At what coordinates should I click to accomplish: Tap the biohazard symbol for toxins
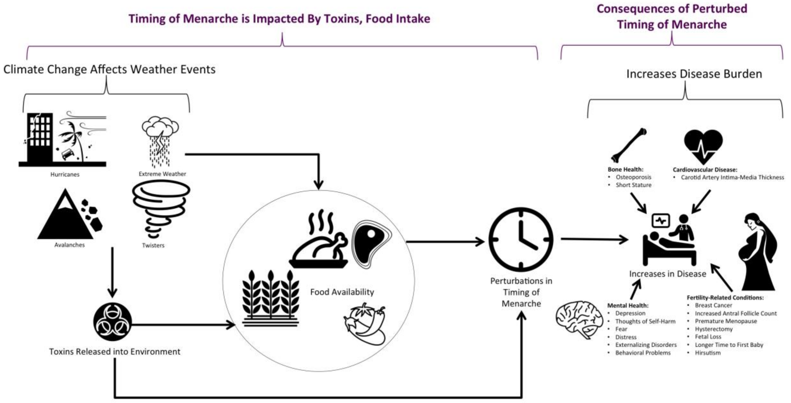click(112, 322)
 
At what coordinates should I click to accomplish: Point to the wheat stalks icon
click(271, 298)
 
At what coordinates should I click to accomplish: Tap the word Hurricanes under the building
click(65, 174)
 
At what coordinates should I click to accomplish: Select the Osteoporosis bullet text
click(633, 177)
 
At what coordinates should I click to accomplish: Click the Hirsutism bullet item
click(707, 353)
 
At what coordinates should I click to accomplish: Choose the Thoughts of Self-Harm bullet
click(645, 321)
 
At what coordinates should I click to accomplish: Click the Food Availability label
click(342, 292)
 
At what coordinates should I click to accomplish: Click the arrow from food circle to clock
click(445, 242)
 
